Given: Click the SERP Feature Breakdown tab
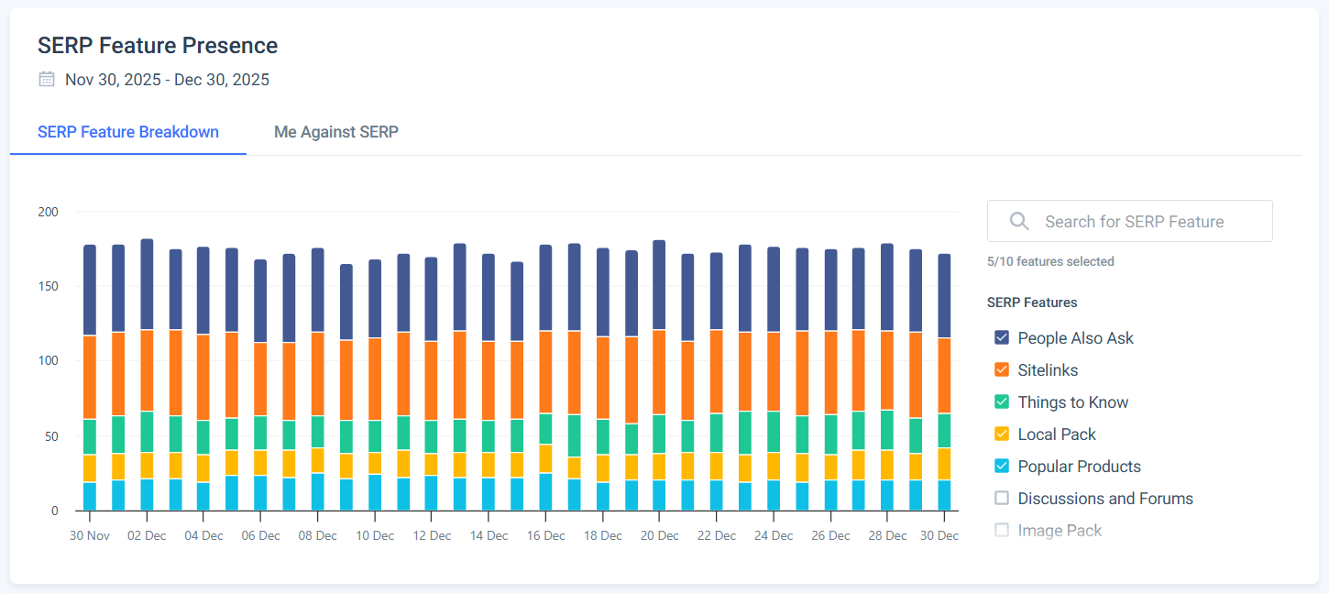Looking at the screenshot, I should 128,132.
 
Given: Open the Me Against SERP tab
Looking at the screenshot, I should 336,132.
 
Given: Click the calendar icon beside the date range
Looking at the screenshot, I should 47,80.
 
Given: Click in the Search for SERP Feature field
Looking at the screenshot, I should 1134,222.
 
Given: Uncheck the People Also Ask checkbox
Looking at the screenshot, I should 1002,338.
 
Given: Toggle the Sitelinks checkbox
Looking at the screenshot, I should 1002,370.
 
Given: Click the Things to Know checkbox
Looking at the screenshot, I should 1002,402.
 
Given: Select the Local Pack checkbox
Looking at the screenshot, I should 1002,434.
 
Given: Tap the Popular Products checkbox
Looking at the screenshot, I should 1002,467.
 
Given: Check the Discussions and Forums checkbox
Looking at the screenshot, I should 1002,499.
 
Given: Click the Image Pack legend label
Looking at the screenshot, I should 1060,531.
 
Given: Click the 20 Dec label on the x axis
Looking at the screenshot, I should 659,536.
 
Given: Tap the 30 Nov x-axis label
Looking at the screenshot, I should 89,536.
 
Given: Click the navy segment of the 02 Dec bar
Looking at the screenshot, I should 147,284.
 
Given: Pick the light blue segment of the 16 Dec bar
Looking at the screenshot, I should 545,492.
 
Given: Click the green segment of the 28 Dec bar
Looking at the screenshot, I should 887,430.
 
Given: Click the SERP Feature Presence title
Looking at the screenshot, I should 158,46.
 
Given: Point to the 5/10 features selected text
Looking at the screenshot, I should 1050,262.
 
